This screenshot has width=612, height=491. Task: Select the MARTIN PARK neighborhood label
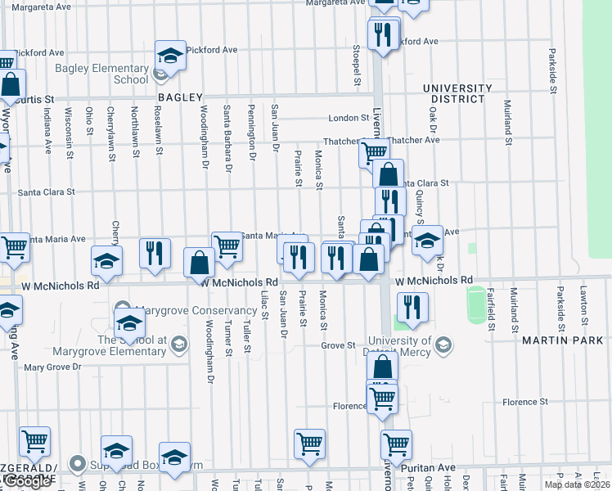566,340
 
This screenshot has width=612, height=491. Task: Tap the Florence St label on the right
524,402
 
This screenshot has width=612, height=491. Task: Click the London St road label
349,118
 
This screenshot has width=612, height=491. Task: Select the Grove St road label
338,346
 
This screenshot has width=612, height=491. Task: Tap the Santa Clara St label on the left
46,192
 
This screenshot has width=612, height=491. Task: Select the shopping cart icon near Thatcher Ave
374,152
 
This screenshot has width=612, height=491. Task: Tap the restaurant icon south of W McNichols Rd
412,307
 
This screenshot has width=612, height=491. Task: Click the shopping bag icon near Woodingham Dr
200,263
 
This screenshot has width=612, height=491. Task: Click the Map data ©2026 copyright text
577,484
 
